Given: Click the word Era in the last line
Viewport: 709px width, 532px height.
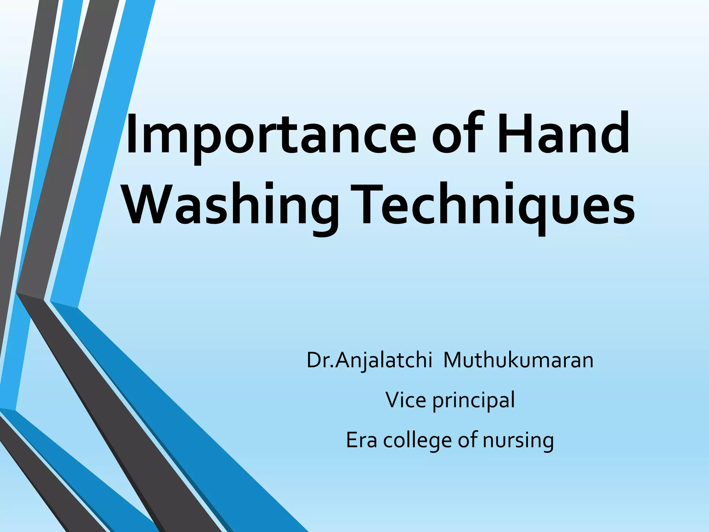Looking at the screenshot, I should (361, 440).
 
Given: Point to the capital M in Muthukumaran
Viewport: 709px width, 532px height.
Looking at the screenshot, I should (454, 360).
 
